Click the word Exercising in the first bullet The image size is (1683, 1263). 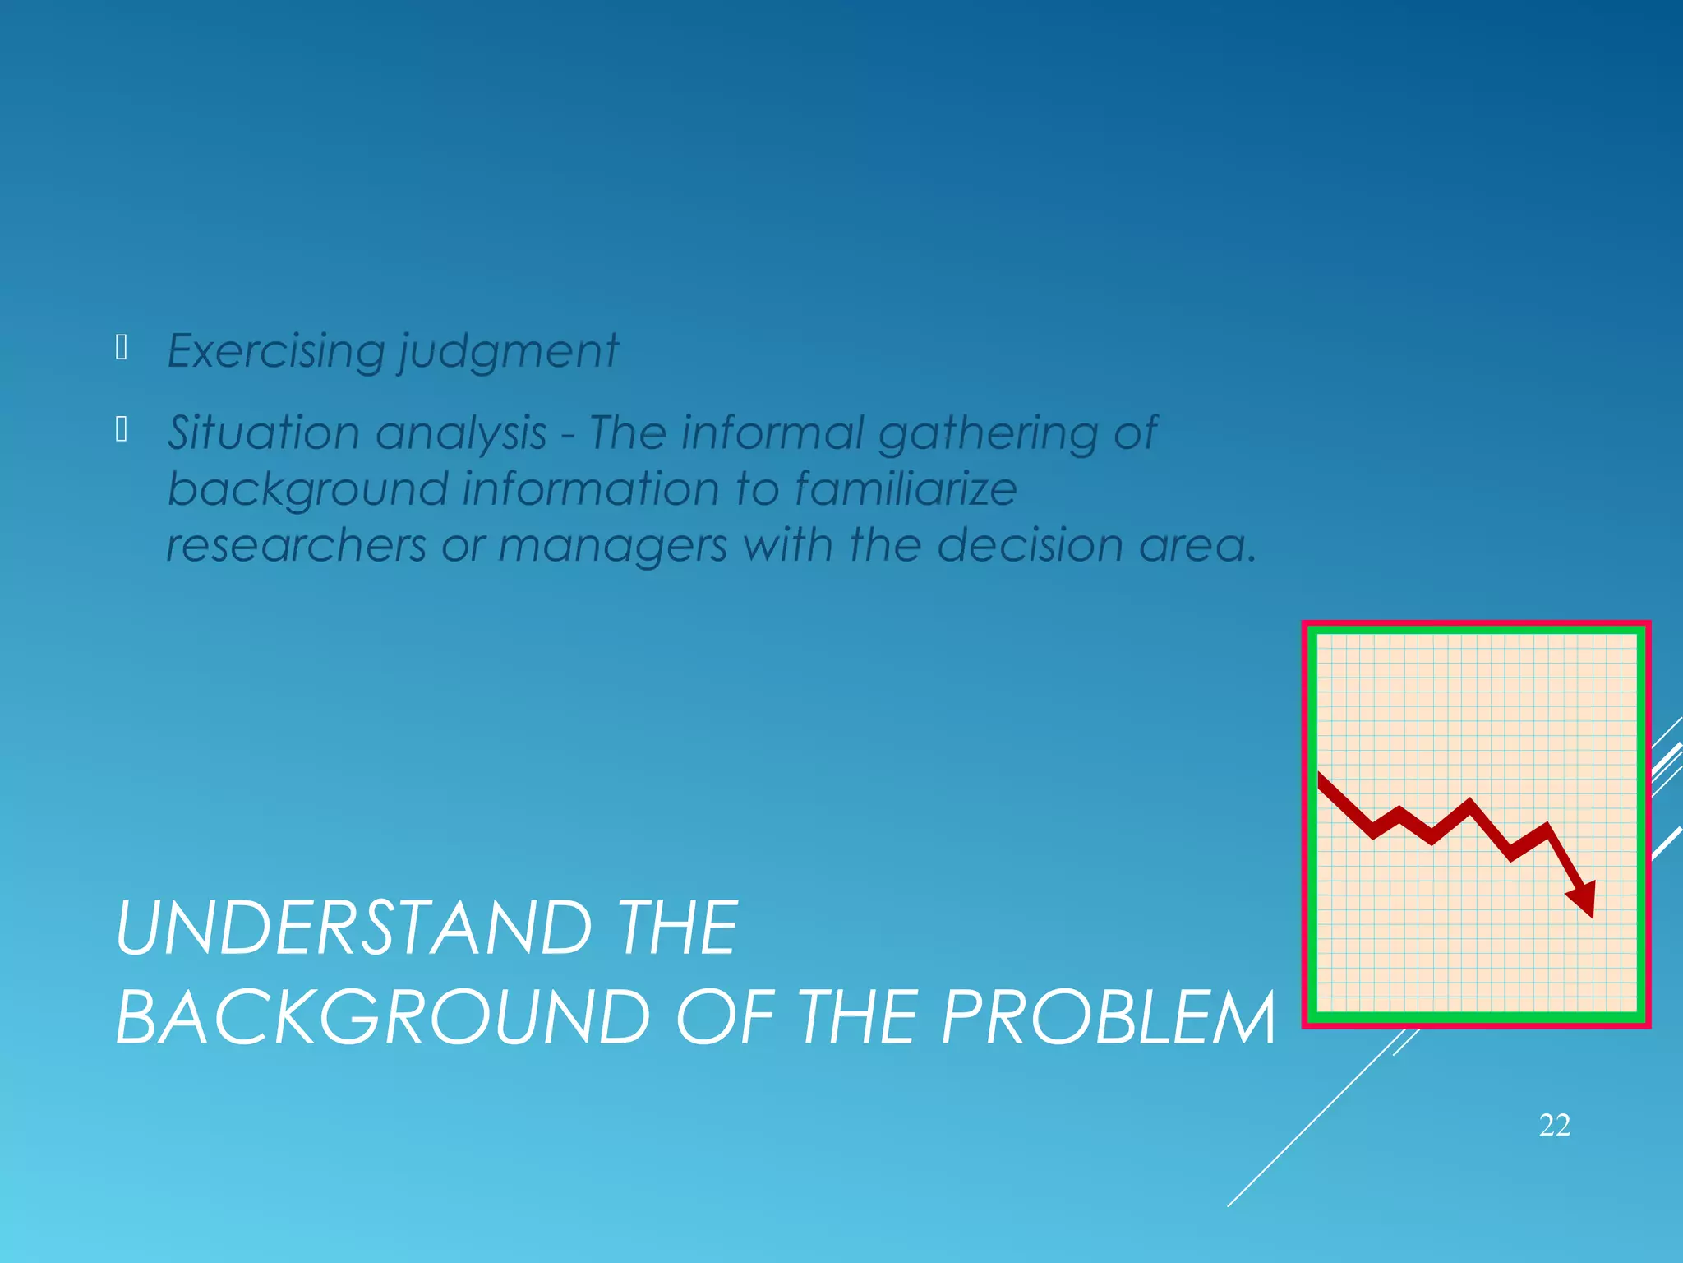tap(275, 352)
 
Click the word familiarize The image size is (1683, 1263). tap(906, 488)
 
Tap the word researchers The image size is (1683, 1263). tap(297, 545)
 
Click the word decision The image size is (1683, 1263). tap(1030, 545)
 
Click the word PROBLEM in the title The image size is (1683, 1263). tap(1109, 1018)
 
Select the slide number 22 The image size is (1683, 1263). tap(1555, 1125)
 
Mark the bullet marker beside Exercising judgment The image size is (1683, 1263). tap(122, 348)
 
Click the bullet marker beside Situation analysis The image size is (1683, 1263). tap(122, 429)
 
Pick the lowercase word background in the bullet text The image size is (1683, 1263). tap(307, 490)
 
